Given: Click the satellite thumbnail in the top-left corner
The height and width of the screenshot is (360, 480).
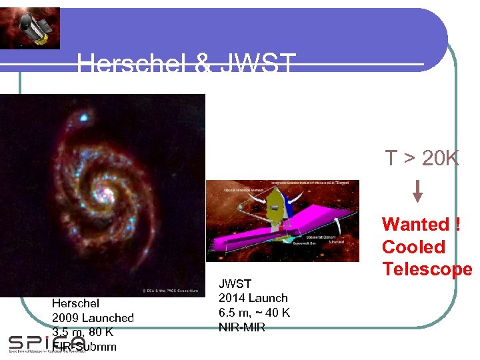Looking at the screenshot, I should coord(30,27).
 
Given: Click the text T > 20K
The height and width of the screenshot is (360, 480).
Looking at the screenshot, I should coord(421,159).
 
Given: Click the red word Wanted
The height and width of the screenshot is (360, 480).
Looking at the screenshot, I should coord(415,225).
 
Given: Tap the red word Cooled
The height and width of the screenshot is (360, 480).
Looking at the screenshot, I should coord(413,247).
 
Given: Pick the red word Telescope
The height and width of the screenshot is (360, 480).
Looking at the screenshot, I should coord(427,269).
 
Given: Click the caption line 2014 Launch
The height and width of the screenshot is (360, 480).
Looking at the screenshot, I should coord(253,298).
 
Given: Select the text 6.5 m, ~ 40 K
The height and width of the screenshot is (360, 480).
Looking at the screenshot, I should coord(254,313).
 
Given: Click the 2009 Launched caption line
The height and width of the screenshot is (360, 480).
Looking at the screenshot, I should coord(93,318).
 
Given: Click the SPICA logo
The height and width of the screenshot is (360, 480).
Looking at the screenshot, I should coord(47,344).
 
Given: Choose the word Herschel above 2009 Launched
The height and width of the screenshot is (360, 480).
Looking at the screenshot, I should coord(75,303).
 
